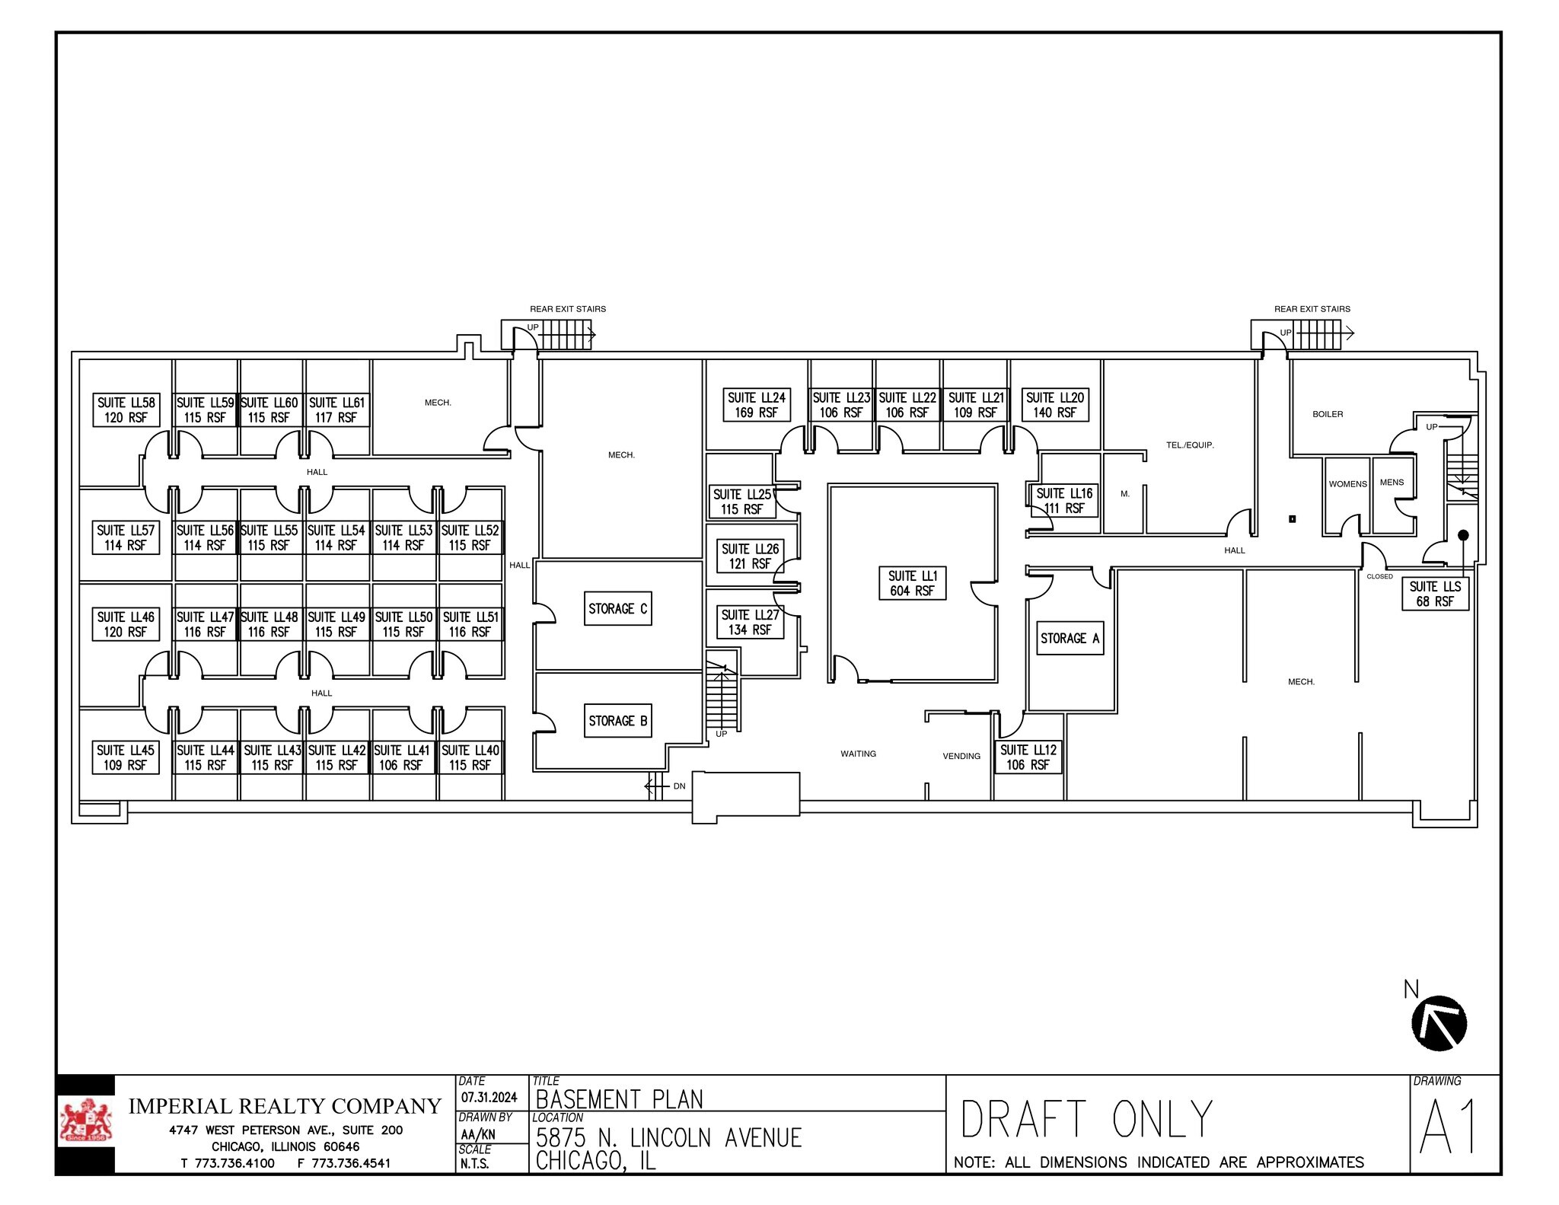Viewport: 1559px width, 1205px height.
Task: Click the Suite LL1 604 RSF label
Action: [912, 583]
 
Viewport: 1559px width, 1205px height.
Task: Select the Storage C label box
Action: [617, 608]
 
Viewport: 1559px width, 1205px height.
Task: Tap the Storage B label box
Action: [617, 720]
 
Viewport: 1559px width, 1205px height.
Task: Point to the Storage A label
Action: [1070, 638]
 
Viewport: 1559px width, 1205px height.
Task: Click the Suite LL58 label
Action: [126, 410]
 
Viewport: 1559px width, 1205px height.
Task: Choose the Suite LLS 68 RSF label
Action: [1434, 594]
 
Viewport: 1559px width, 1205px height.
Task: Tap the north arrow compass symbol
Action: [1439, 1023]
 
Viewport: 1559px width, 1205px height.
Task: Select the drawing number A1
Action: [1447, 1127]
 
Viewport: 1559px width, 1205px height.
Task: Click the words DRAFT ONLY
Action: [1086, 1120]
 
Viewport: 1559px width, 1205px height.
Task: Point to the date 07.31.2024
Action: [489, 1097]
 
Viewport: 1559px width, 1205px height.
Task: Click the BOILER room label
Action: [1328, 414]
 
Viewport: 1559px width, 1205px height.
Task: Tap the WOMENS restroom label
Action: [1347, 484]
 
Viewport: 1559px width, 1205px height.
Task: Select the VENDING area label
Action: [961, 756]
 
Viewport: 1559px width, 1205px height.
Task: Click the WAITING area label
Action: [858, 754]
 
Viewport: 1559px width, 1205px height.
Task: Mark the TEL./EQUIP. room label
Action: [1189, 445]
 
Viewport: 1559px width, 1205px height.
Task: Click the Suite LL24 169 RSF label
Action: [756, 405]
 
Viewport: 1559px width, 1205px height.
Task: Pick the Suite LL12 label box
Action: [1028, 757]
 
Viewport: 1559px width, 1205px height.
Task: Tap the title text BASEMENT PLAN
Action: [619, 1099]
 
